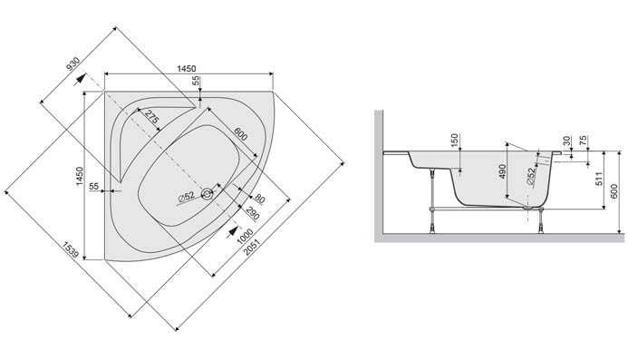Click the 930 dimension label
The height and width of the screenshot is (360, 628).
pyautogui.click(x=73, y=69)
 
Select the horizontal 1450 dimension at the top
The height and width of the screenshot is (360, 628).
pyautogui.click(x=188, y=68)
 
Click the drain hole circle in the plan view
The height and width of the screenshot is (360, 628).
pyautogui.click(x=208, y=193)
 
